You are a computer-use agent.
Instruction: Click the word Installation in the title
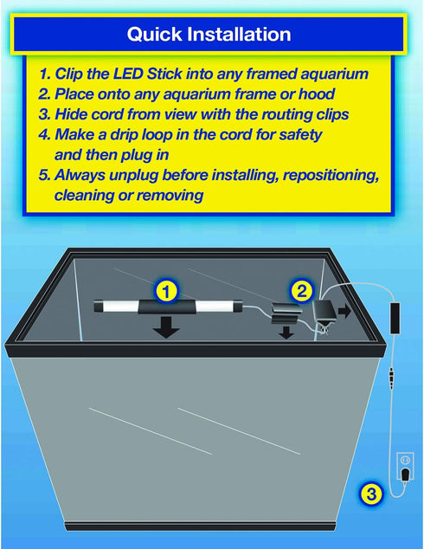(239, 34)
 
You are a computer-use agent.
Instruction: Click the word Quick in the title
(154, 35)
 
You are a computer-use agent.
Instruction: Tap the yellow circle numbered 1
(166, 291)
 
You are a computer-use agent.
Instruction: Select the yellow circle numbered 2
(301, 291)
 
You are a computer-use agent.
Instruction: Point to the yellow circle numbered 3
(371, 494)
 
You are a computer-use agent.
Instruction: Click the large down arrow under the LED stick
(166, 327)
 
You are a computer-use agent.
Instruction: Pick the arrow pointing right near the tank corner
(344, 311)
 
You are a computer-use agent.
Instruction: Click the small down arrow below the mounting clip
(286, 333)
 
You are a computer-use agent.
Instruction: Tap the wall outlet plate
(405, 466)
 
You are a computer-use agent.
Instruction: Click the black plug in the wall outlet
(405, 475)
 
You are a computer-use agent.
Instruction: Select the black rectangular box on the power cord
(395, 318)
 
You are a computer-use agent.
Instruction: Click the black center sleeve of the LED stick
(167, 307)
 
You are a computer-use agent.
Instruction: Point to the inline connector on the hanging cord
(391, 378)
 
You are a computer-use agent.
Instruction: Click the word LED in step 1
(128, 74)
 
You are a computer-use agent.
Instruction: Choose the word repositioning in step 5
(331, 175)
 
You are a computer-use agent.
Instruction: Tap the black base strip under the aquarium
(201, 526)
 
